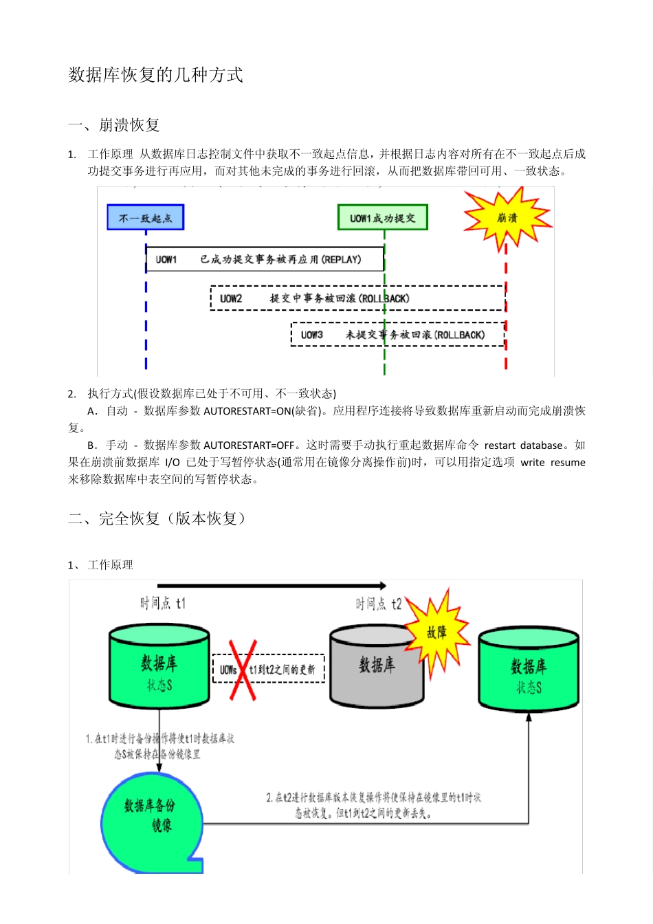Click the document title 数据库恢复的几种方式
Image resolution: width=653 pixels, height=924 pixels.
click(155, 75)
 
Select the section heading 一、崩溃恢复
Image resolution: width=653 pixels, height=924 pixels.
click(114, 125)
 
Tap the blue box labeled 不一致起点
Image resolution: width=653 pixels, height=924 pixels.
click(146, 218)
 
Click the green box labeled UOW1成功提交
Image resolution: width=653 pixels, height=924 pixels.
click(382, 218)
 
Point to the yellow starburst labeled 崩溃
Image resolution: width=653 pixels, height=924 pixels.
click(507, 218)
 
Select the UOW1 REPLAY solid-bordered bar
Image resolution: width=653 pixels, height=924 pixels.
click(265, 260)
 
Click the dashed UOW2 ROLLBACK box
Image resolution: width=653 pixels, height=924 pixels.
click(357, 298)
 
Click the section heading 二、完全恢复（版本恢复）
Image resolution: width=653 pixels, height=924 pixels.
click(157, 518)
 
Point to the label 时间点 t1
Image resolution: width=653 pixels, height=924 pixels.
click(163, 604)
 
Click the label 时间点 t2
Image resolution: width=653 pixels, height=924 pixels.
click(378, 604)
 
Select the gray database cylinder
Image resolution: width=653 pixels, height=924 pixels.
click(377, 666)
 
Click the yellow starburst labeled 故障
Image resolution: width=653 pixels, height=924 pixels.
click(437, 631)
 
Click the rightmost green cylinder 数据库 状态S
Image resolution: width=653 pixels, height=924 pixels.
click(529, 671)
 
